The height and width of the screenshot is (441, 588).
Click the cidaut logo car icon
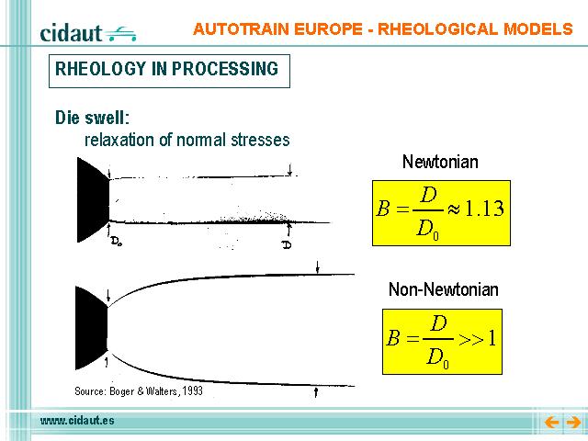pos(120,34)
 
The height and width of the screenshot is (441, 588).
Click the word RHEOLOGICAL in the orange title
pos(437,29)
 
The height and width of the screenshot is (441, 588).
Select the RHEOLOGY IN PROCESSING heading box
pos(169,72)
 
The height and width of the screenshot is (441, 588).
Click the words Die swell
pos(92,118)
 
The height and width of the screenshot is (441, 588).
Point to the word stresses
pos(260,140)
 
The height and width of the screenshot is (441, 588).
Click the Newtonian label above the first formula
pos(440,162)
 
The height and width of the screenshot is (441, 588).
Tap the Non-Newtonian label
pos(444,289)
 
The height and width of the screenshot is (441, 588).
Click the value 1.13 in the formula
pos(484,209)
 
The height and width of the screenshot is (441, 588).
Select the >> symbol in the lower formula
pos(471,339)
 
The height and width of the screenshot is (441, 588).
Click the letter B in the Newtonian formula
pos(383,209)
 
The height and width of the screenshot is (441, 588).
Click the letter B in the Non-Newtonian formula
pos(393,337)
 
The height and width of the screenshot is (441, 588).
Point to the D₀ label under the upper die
pos(117,242)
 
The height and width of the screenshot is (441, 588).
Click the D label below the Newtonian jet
pos(287,245)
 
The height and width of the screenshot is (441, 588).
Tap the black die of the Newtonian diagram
pos(93,200)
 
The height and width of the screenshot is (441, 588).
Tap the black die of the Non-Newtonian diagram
pos(92,328)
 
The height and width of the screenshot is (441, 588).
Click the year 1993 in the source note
pos(193,391)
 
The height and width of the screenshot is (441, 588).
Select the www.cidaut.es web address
pos(77,421)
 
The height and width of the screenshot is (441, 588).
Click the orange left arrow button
pos(551,423)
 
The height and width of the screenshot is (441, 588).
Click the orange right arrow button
pos(573,423)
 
